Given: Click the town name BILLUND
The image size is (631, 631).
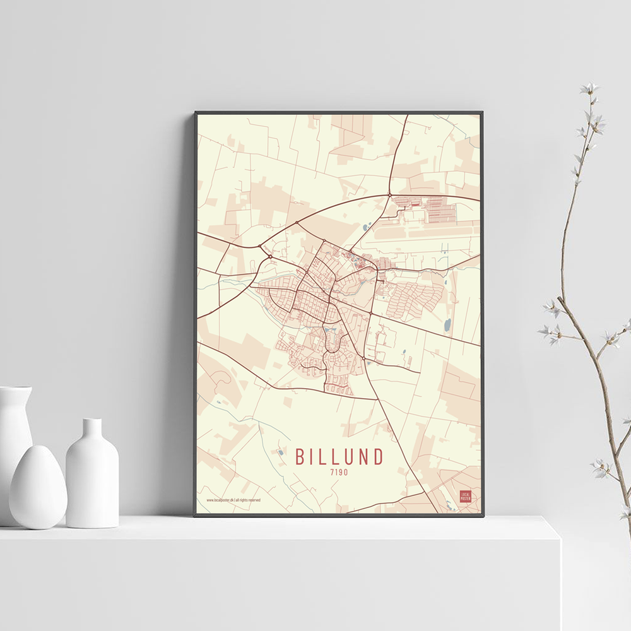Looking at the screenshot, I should coord(339,456).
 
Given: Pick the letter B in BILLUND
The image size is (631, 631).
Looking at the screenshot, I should coord(301,456).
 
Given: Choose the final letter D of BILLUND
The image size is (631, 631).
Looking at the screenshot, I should coord(378,456).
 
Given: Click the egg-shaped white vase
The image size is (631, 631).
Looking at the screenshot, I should coord(38,486).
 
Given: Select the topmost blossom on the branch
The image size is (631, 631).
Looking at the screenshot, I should coord(589,88).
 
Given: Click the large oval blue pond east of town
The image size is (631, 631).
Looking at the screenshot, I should coord(447,325).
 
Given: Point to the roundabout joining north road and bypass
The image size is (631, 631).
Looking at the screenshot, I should coord(389,194).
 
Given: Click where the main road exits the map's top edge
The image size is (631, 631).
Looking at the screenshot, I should coord(406,116).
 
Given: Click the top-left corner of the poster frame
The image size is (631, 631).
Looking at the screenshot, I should coord(196,113).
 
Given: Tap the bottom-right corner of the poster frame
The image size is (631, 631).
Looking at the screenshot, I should coord(483,516).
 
